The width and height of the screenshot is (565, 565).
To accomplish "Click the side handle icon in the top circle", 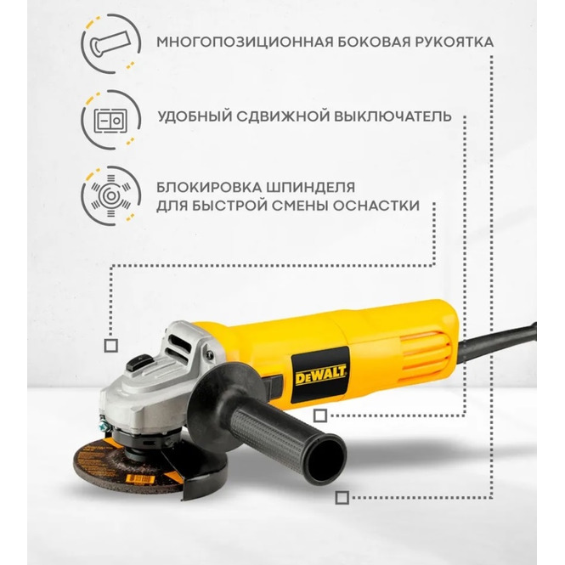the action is pos(110,44).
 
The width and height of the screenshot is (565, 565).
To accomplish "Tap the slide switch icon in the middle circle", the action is pos(110,121).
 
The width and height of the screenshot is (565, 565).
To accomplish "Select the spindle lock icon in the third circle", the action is pos(111,195).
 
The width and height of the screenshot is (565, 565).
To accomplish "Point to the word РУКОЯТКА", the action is pos(454,42).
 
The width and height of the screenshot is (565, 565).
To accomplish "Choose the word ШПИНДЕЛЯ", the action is pos(311,188).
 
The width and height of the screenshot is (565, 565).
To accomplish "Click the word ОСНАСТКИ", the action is pos(376,206).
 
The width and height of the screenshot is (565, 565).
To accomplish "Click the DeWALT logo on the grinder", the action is pos(320,376).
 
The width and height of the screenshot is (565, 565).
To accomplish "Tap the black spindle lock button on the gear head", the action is pos(140,362).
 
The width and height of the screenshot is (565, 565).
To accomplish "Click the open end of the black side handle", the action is pos(327,457).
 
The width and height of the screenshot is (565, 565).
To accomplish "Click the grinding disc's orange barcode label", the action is pos(140,479).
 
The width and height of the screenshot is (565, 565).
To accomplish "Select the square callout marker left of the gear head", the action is pos(111,346).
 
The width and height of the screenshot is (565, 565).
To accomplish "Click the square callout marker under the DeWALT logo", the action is pos(320,415).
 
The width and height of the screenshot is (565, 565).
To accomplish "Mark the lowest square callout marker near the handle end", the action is pos(342,498).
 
